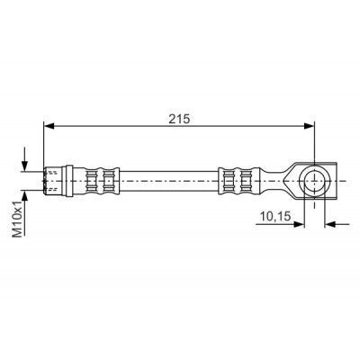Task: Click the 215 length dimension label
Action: pyautogui.click(x=179, y=119)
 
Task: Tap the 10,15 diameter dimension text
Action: pyautogui.click(x=275, y=216)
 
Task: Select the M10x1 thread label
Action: pyautogui.click(x=17, y=219)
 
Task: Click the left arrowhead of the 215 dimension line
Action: pyautogui.click(x=49, y=126)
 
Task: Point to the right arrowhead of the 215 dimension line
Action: pyautogui.click(x=310, y=126)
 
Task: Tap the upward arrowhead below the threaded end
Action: pyautogui.click(x=24, y=195)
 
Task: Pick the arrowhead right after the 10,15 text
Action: pyautogui.click(x=300, y=224)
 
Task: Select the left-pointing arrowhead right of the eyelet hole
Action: pyautogui.click(x=329, y=224)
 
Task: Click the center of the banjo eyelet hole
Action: pyautogui.click(x=314, y=181)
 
